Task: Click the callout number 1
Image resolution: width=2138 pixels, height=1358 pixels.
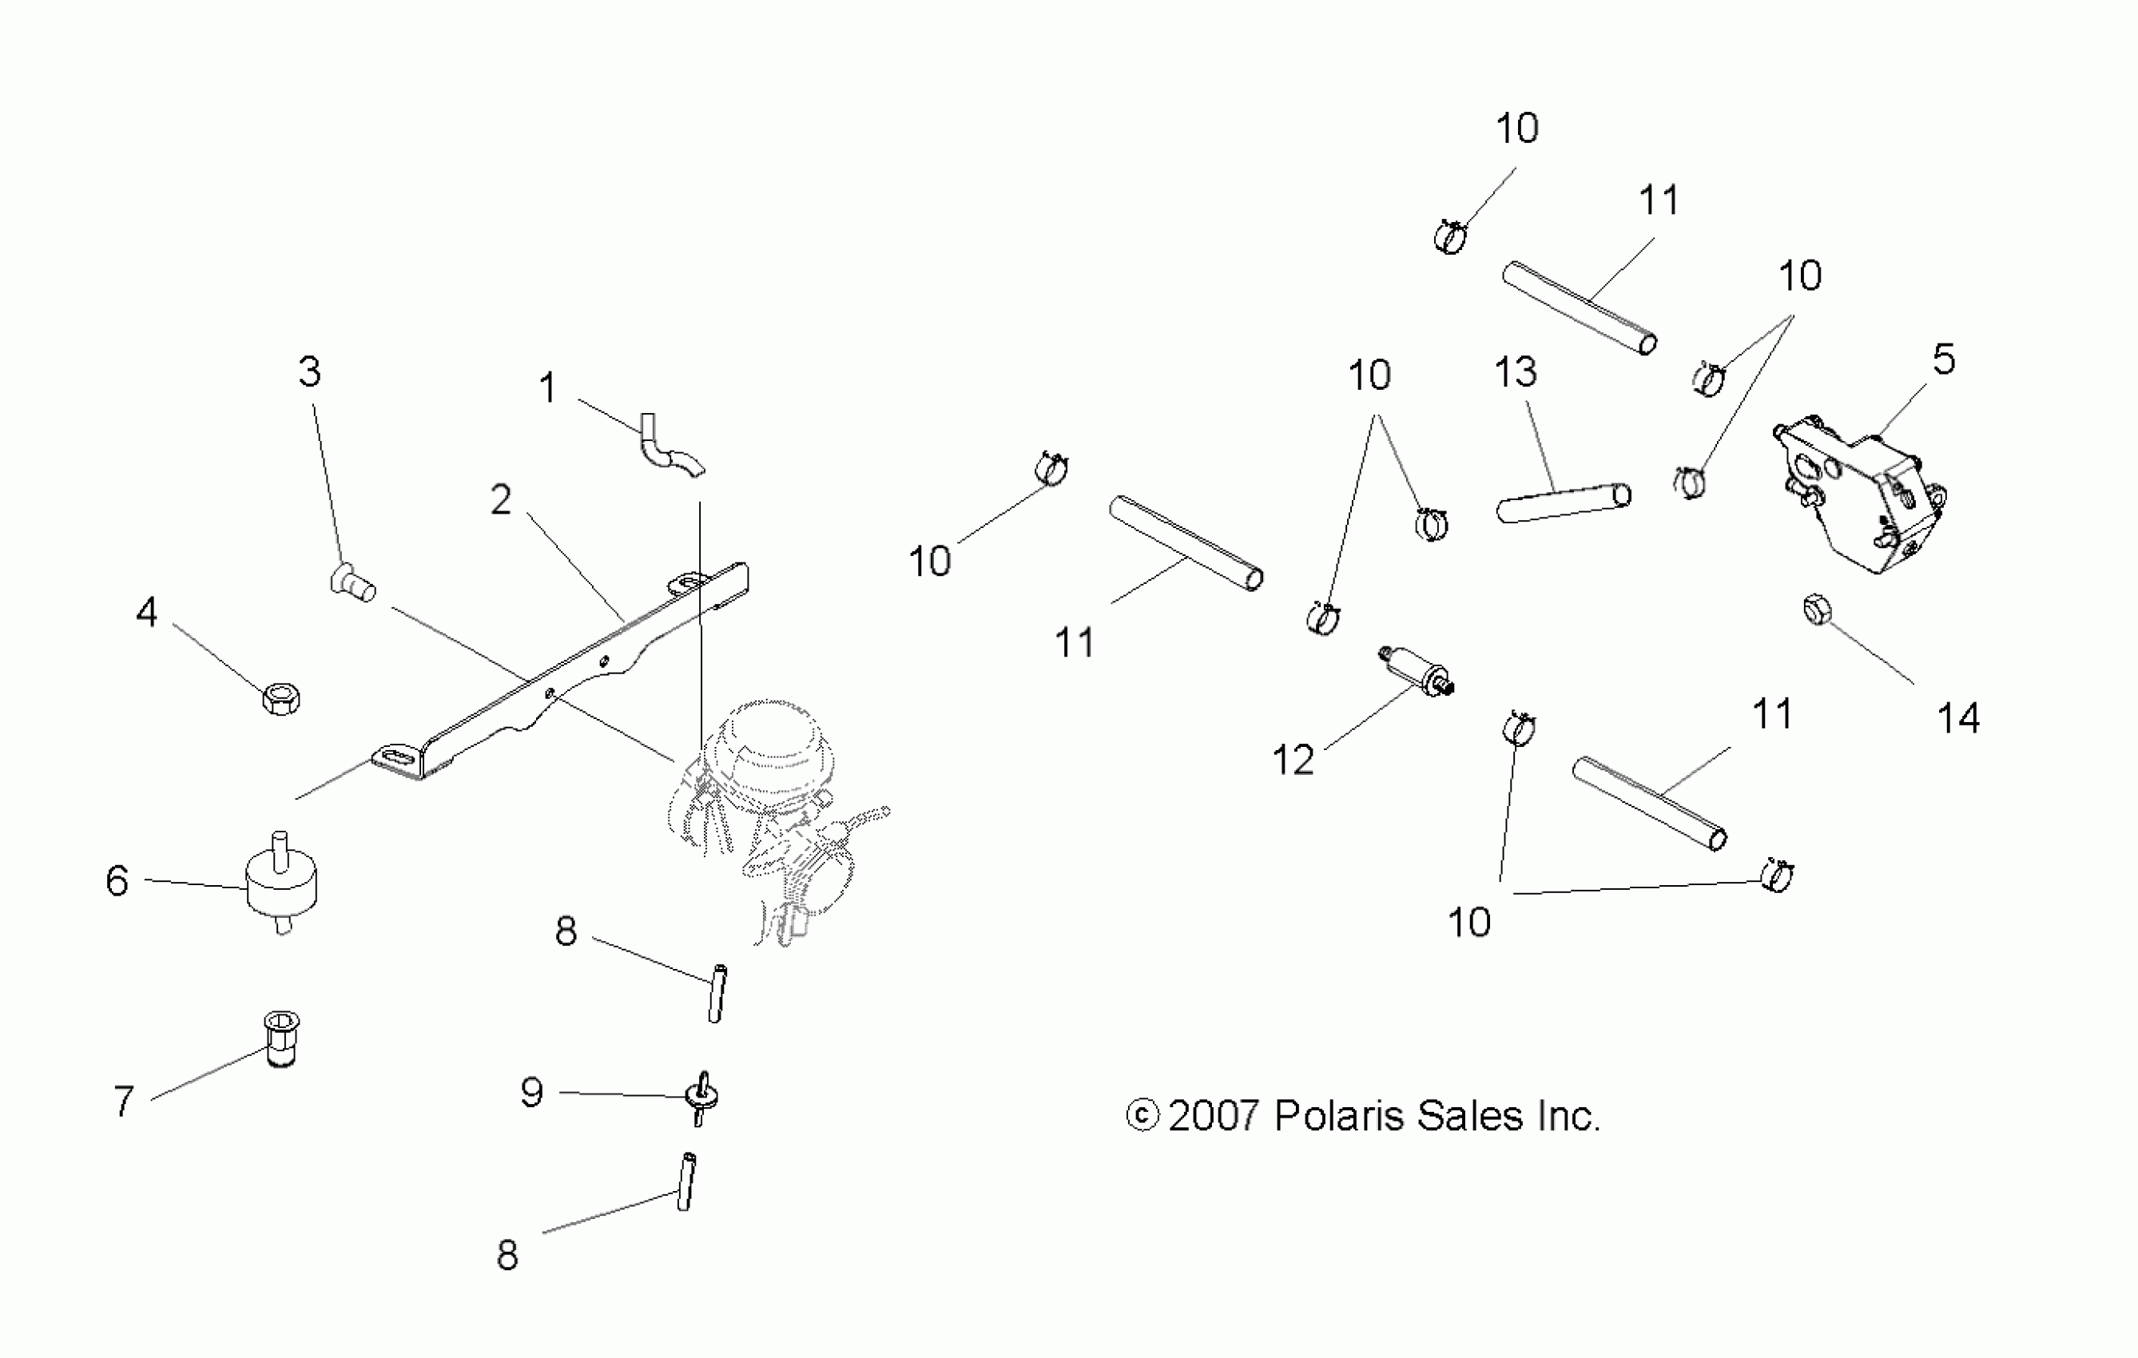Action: pyautogui.click(x=548, y=389)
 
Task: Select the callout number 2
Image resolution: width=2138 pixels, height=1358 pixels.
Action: pyautogui.click(x=502, y=501)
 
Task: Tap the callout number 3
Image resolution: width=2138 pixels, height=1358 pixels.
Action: pyautogui.click(x=309, y=372)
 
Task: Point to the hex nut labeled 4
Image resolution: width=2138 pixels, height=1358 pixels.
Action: pyautogui.click(x=281, y=698)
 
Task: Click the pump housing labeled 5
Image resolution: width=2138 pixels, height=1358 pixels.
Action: pyautogui.click(x=1860, y=497)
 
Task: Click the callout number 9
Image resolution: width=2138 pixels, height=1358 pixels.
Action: pyautogui.click(x=532, y=1092)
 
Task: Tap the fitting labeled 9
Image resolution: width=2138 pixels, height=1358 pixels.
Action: pyautogui.click(x=701, y=1098)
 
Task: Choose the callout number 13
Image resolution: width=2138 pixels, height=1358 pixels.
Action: pyautogui.click(x=1515, y=373)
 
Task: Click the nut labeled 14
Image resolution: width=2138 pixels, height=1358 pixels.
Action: pyautogui.click(x=1817, y=612)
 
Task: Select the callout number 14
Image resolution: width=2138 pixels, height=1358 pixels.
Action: pyautogui.click(x=1957, y=718)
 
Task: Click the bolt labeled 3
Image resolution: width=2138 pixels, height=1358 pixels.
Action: pyautogui.click(x=352, y=582)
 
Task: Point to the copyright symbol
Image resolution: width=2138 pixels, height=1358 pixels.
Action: pyautogui.click(x=1142, y=1116)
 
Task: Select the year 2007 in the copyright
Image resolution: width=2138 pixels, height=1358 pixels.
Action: pyautogui.click(x=1214, y=1116)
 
